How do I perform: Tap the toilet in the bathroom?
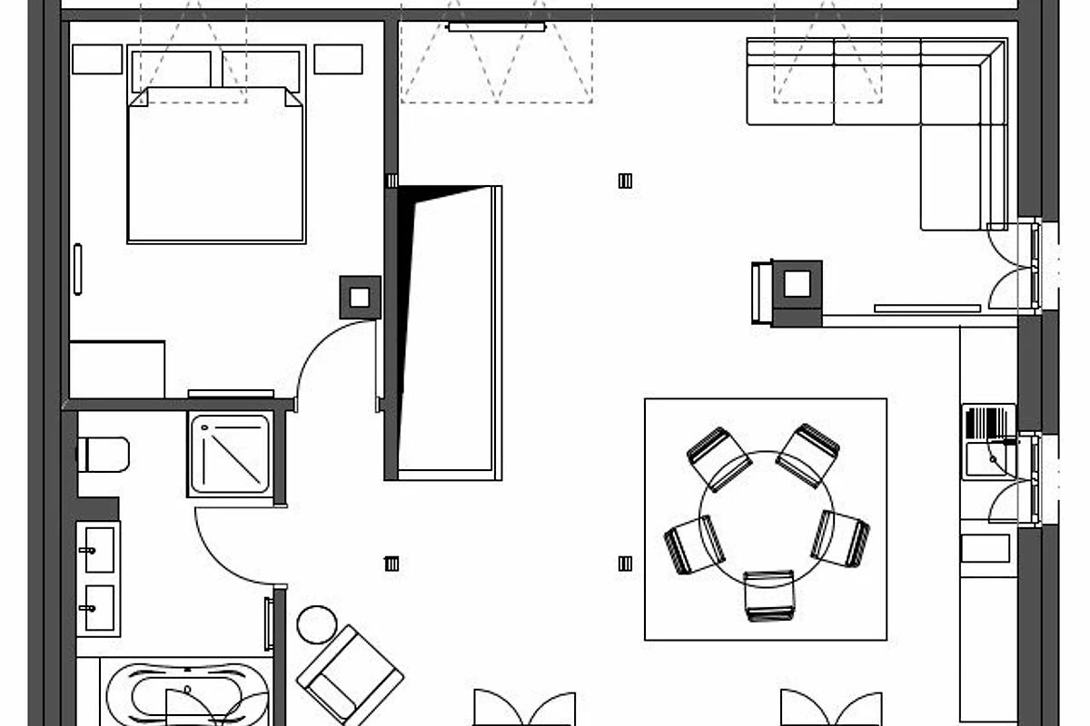coord(104,454)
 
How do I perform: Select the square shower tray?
coord(231,454)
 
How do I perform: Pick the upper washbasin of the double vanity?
coord(98,550)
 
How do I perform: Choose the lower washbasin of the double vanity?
coord(98,606)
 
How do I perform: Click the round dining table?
coord(766,518)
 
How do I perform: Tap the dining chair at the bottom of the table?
coord(769,595)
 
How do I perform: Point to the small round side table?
coord(316,624)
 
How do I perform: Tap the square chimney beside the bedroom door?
coord(360,297)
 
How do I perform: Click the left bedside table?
coord(97,59)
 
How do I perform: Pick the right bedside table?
coord(338,59)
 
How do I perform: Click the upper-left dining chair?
coord(718,457)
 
